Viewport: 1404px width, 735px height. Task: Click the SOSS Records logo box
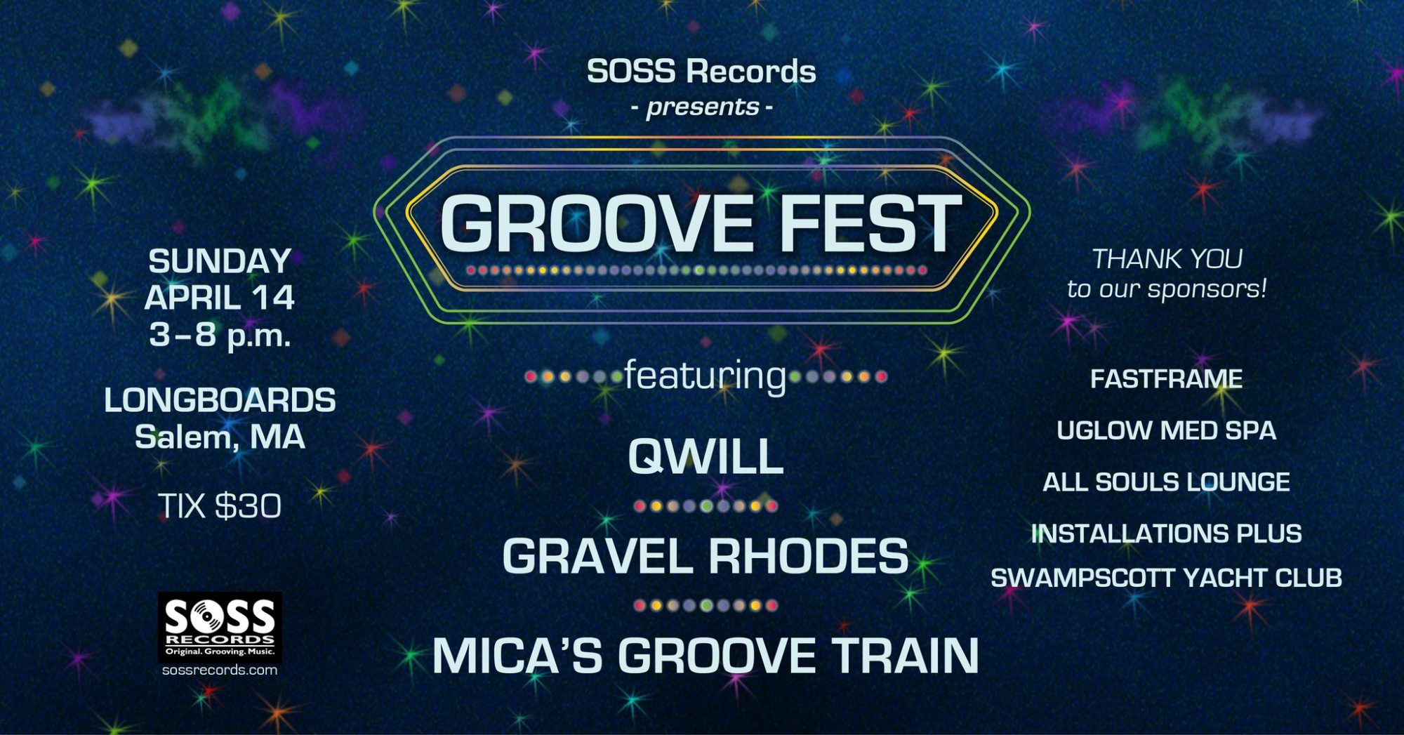point(220,627)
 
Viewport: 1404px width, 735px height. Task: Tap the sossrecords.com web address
point(220,670)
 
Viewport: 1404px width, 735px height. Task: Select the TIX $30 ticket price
point(220,505)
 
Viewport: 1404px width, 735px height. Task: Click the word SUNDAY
point(220,261)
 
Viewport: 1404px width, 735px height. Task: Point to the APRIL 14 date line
point(220,298)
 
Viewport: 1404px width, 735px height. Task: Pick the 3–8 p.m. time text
point(220,335)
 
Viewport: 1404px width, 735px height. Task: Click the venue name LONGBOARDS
point(220,400)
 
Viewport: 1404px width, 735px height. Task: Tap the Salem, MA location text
point(220,437)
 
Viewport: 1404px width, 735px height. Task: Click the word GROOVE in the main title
point(597,223)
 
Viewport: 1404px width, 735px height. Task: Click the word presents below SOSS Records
point(703,107)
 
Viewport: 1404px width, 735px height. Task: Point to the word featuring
point(705,376)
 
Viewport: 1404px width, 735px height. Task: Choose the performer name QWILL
point(705,456)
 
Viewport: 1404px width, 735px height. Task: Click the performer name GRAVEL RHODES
point(705,556)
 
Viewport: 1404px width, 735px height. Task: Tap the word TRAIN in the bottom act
point(905,656)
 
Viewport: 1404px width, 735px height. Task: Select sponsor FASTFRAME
point(1166,379)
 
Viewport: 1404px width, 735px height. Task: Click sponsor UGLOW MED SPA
point(1166,430)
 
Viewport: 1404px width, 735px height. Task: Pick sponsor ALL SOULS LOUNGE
point(1166,482)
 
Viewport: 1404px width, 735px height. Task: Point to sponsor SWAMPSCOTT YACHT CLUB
point(1166,578)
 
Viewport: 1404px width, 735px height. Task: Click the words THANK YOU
point(1167,259)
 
